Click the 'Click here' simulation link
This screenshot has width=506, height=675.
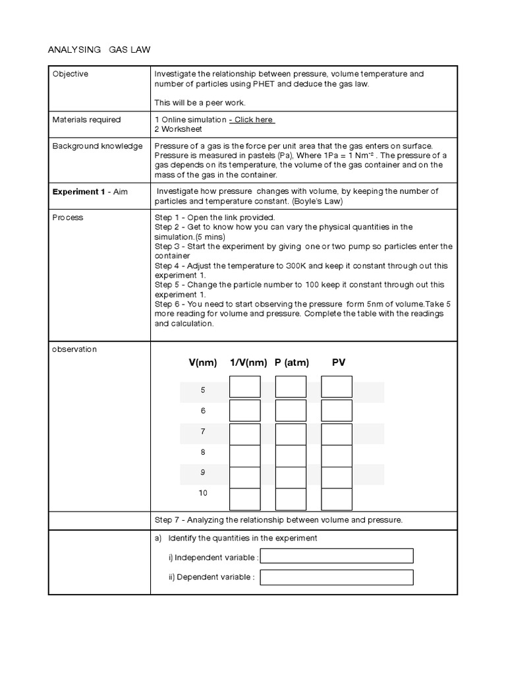pyautogui.click(x=252, y=119)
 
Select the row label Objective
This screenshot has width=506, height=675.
pyautogui.click(x=70, y=74)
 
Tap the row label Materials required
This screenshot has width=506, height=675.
pyautogui.click(x=86, y=119)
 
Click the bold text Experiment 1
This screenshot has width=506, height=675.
pyautogui.click(x=78, y=191)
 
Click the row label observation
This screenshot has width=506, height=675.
pyautogui.click(x=74, y=349)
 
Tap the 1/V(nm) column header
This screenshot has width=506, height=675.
pyautogui.click(x=248, y=363)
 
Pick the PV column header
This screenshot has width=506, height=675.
pyautogui.click(x=339, y=363)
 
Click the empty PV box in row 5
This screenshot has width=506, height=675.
pyautogui.click(x=337, y=387)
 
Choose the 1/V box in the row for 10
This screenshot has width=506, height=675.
pyautogui.click(x=244, y=499)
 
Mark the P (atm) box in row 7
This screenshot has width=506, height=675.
pyautogui.click(x=291, y=434)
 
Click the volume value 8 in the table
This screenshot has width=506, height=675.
pyautogui.click(x=203, y=452)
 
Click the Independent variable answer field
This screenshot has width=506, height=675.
pyautogui.click(x=337, y=557)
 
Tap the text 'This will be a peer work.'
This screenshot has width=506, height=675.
pyautogui.click(x=200, y=103)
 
